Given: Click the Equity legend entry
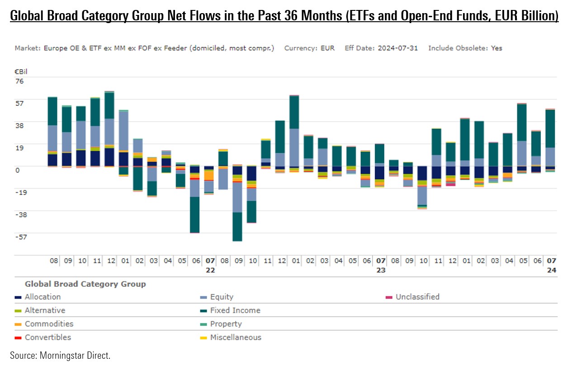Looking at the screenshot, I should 222,297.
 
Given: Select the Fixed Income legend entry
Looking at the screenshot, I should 235,311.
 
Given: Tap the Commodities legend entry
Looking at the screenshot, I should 49,324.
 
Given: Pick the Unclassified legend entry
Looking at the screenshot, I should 417,297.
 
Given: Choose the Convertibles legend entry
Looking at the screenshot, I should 47,337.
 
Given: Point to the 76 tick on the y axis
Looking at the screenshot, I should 19,81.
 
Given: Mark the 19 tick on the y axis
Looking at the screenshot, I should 19,147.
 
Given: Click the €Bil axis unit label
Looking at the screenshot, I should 21,71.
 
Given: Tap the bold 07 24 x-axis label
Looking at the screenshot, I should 551,265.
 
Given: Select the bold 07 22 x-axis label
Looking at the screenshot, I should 210,265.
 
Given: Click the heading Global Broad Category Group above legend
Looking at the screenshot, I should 85,284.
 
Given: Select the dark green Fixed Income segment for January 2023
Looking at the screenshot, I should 294,112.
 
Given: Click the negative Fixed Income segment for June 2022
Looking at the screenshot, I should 195,214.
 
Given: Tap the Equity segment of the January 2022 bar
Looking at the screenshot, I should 123,131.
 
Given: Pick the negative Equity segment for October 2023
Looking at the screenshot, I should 422,195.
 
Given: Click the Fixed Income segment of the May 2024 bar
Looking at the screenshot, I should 522,122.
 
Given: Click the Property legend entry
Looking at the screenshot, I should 226,324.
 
